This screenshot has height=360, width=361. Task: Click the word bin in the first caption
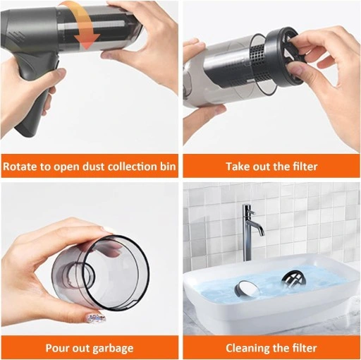point(168,167)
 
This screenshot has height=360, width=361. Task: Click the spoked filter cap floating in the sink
point(293,280)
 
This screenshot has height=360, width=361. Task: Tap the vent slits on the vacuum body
point(17,36)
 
